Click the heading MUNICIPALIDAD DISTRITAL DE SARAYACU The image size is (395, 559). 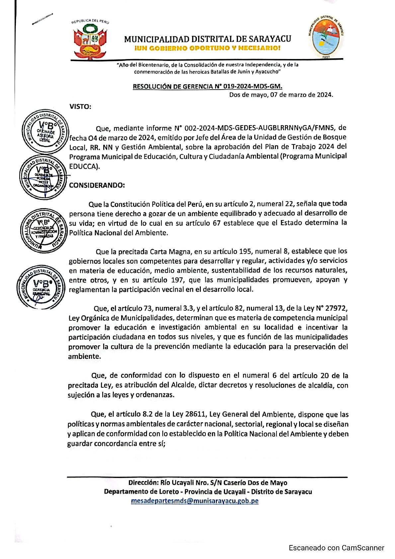point(207,39)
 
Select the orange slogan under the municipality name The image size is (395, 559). point(207,48)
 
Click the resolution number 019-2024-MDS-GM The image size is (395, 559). point(253,87)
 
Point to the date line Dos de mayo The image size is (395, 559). point(281,95)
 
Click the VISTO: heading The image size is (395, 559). point(80,107)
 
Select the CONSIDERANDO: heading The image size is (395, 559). point(97,185)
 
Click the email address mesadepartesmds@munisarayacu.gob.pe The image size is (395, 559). point(195,501)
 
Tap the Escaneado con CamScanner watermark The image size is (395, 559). point(336,548)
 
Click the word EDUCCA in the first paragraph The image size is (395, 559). point(83,166)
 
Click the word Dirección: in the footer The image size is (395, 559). point(143,483)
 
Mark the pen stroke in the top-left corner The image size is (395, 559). point(42,19)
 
